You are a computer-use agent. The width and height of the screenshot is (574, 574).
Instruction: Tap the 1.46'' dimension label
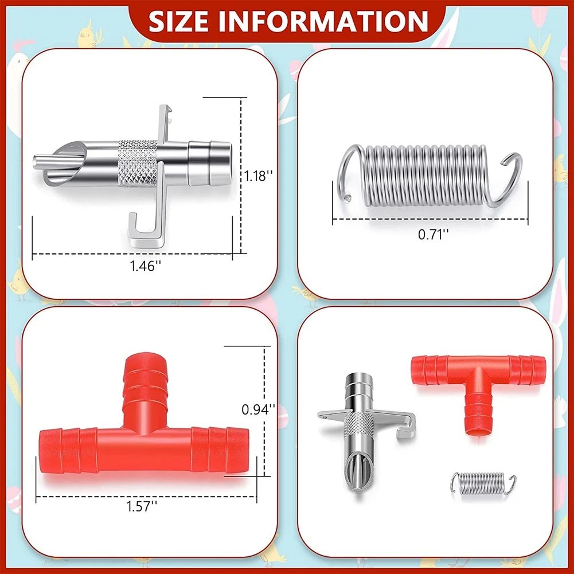[x=145, y=265]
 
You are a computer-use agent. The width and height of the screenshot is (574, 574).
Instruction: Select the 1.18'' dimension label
[x=259, y=175]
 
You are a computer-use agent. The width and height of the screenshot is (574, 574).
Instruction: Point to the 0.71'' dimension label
[x=434, y=235]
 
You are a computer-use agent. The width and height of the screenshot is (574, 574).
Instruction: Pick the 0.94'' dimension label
[x=259, y=409]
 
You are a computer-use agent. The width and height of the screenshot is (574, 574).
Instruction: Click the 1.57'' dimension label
[x=142, y=507]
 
